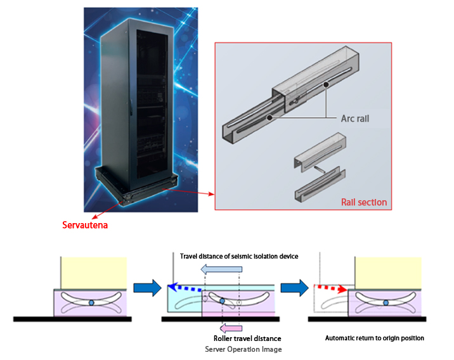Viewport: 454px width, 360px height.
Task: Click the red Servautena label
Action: (85, 224)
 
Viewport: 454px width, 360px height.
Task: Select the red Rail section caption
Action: (363, 202)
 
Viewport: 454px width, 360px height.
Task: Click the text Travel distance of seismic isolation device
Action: (239, 256)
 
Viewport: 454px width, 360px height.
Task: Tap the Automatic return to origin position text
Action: (374, 338)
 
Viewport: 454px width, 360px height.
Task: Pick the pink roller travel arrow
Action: (227, 326)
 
